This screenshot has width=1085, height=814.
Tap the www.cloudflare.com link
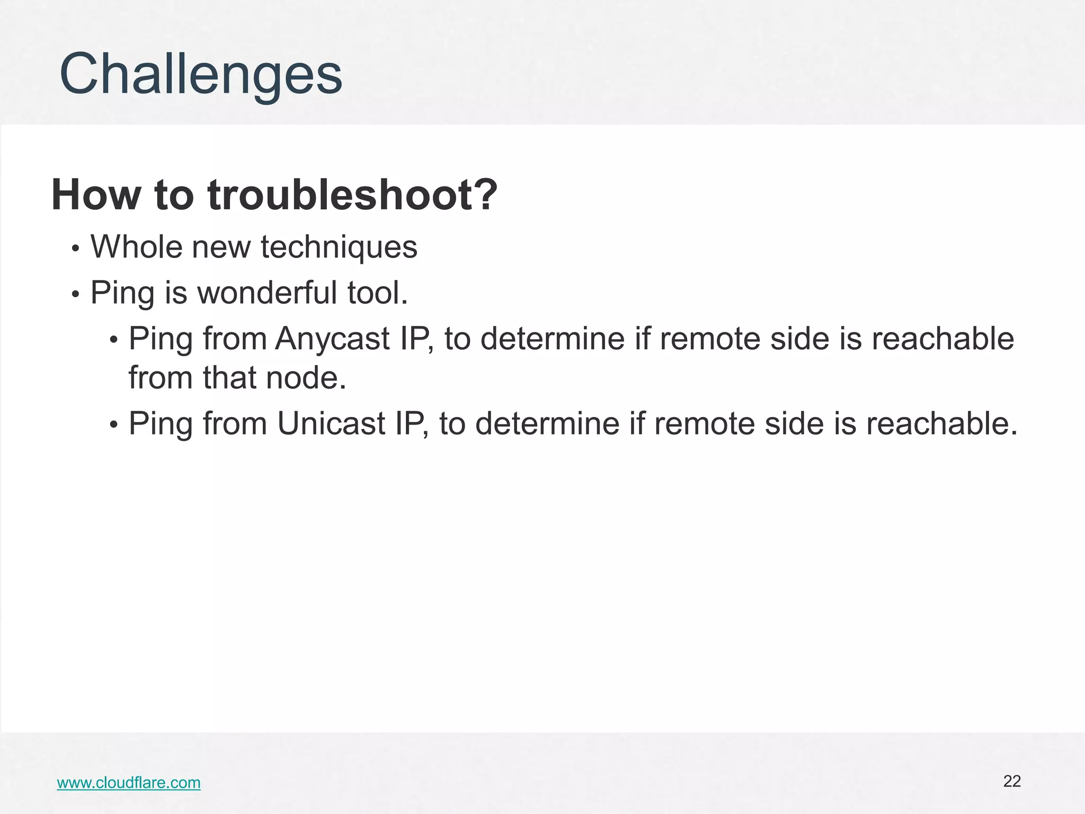[x=129, y=783]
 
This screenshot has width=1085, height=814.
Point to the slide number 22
[x=1012, y=781]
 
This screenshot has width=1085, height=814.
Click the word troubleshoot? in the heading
[x=353, y=195]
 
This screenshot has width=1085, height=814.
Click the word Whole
[x=136, y=247]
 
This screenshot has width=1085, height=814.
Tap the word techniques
[x=339, y=247]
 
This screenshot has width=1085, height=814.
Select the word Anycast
[x=332, y=339]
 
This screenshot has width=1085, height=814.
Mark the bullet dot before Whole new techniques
[x=76, y=249]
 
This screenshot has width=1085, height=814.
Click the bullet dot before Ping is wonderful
[x=76, y=295]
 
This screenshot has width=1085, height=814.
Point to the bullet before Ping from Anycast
[x=113, y=340]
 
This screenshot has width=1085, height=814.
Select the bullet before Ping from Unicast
[x=113, y=426]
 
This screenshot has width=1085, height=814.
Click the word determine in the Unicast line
[x=547, y=423]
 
